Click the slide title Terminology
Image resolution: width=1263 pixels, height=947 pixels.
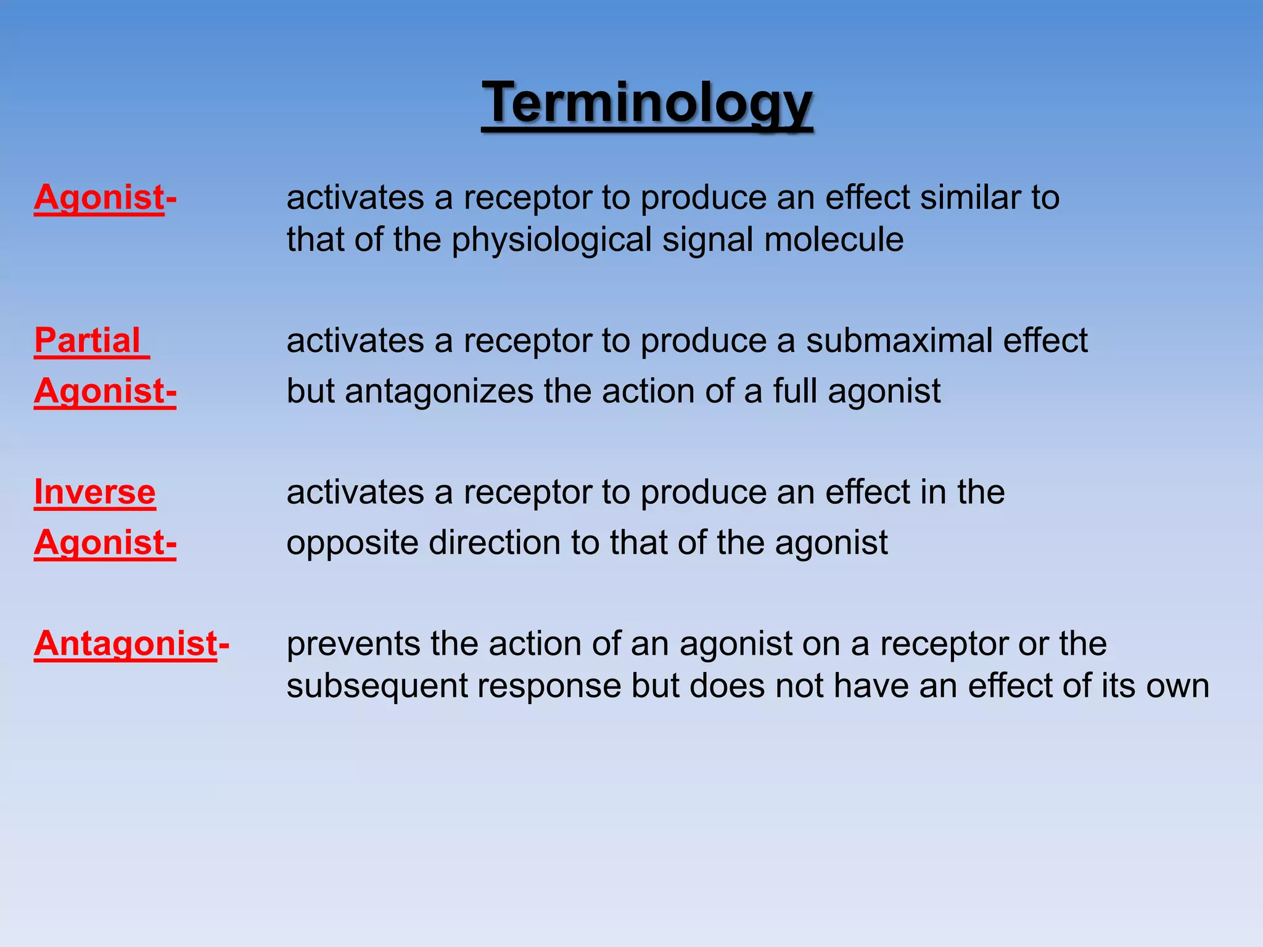click(647, 103)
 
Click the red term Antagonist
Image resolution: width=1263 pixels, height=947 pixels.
click(126, 644)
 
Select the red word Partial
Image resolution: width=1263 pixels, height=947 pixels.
click(88, 340)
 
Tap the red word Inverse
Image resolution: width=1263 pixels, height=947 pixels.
click(95, 492)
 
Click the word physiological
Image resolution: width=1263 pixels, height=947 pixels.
click(551, 240)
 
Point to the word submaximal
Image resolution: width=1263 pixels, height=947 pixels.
click(899, 340)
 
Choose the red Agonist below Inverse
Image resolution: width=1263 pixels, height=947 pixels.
click(105, 543)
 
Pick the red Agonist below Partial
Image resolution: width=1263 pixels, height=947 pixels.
click(105, 391)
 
